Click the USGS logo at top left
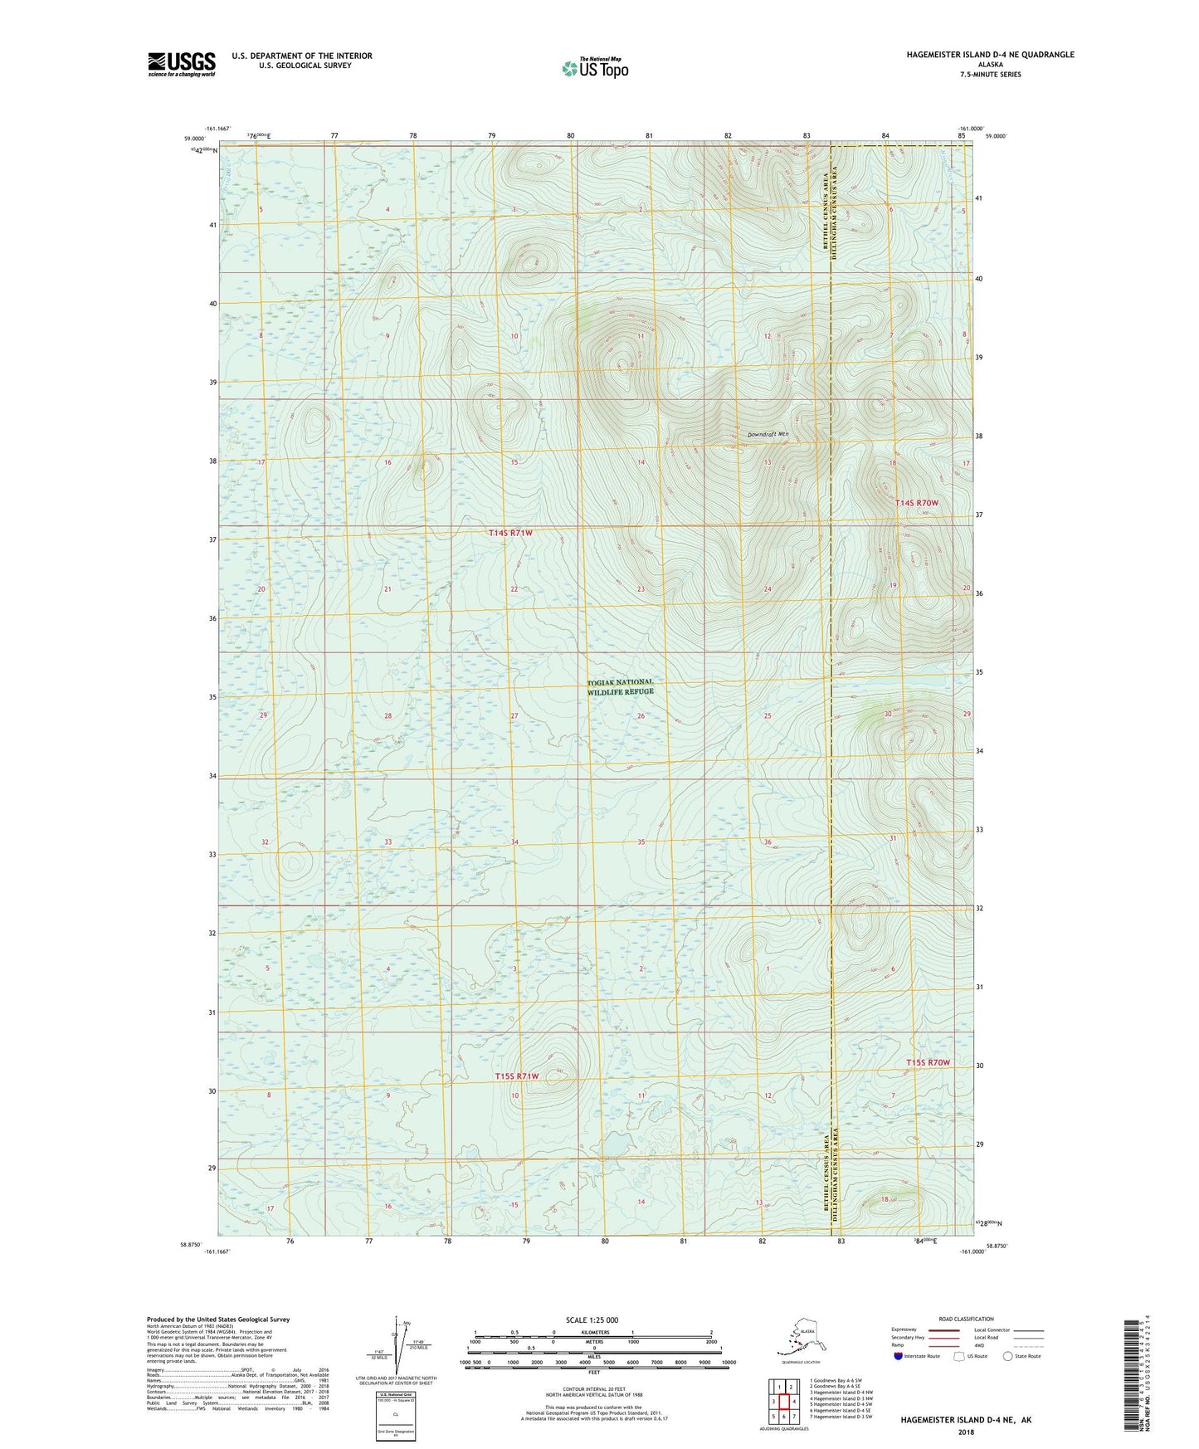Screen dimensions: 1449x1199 click(181, 63)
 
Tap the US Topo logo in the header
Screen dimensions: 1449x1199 click(594, 68)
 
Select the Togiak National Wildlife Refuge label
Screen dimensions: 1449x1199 click(620, 686)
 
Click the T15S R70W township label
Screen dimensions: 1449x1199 click(927, 1062)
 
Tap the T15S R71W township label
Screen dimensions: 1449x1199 click(516, 1076)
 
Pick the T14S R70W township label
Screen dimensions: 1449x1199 click(916, 503)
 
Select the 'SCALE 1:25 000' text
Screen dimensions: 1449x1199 click(592, 1320)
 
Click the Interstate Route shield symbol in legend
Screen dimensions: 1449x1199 click(899, 1356)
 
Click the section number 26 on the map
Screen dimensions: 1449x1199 click(641, 715)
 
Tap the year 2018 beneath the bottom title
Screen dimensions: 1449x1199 click(965, 1432)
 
